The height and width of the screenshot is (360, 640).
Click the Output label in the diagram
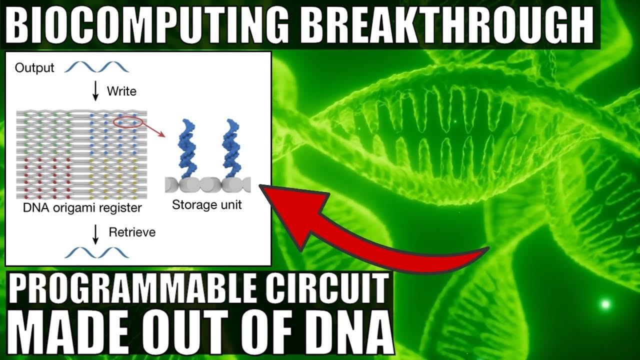coord(34,68)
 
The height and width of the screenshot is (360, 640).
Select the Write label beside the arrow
coord(121,91)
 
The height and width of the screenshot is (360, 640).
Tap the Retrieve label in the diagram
coord(132,232)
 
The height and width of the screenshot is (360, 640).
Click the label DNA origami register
coord(82,207)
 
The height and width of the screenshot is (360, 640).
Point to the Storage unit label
coord(207,205)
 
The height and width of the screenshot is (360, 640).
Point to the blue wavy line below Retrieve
coord(96,252)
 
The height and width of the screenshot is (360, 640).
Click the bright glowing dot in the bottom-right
coord(605,303)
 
